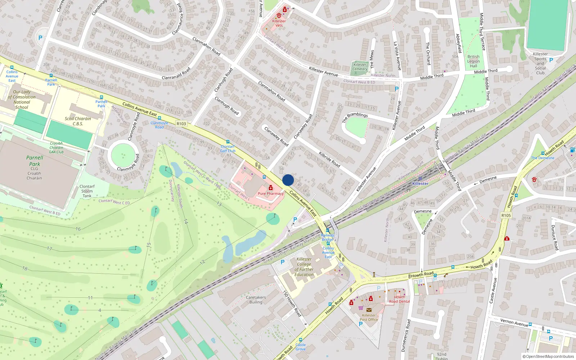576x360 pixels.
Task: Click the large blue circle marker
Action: pyautogui.click(x=288, y=180)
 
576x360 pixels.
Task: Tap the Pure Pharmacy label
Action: pyautogui.click(x=271, y=194)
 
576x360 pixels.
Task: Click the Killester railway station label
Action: pyautogui.click(x=420, y=184)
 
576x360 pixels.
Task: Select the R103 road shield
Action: pyautogui.click(x=181, y=124)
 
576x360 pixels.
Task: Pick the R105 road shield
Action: pyautogui.click(x=506, y=216)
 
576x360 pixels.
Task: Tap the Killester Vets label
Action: pyautogui.click(x=279, y=23)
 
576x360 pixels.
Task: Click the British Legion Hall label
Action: pyautogui.click(x=473, y=61)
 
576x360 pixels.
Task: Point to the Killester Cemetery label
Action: pyautogui.click(x=360, y=67)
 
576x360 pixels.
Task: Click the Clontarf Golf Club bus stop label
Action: pyautogui.click(x=228, y=149)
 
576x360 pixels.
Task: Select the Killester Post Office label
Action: pyautogui.click(x=369, y=317)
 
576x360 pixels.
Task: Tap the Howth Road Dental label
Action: pyautogui.click(x=399, y=300)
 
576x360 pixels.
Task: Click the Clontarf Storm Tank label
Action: pyautogui.click(x=87, y=191)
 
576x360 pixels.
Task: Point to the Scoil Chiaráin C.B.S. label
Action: pyautogui.click(x=78, y=121)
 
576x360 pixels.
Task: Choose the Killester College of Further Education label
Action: pyautogui.click(x=304, y=267)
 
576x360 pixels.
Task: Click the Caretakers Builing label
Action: pyautogui.click(x=256, y=300)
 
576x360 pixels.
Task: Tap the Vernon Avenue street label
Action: pyautogui.click(x=514, y=323)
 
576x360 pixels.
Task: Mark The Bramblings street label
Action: pyautogui.click(x=355, y=117)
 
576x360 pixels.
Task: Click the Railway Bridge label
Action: pyautogui.click(x=328, y=237)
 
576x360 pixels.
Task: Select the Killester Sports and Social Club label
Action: pyautogui.click(x=540, y=63)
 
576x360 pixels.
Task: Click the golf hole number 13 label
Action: pyautogui.click(x=219, y=204)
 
